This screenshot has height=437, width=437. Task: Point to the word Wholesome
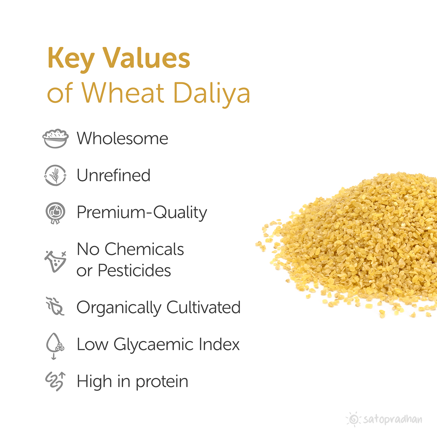tap(122, 138)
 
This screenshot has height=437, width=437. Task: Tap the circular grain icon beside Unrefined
tap(55, 175)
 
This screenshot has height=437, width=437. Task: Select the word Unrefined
tap(114, 175)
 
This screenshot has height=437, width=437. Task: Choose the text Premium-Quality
tap(142, 213)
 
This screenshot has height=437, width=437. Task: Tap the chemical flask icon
tap(55, 261)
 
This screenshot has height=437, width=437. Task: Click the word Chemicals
tap(144, 249)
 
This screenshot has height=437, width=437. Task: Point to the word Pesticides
tap(134, 271)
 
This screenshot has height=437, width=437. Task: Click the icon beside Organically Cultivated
tap(55, 306)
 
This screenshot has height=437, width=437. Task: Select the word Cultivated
tap(203, 307)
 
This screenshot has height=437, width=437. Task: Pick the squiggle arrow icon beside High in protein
tap(55, 381)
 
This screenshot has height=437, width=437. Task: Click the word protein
tap(162, 382)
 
